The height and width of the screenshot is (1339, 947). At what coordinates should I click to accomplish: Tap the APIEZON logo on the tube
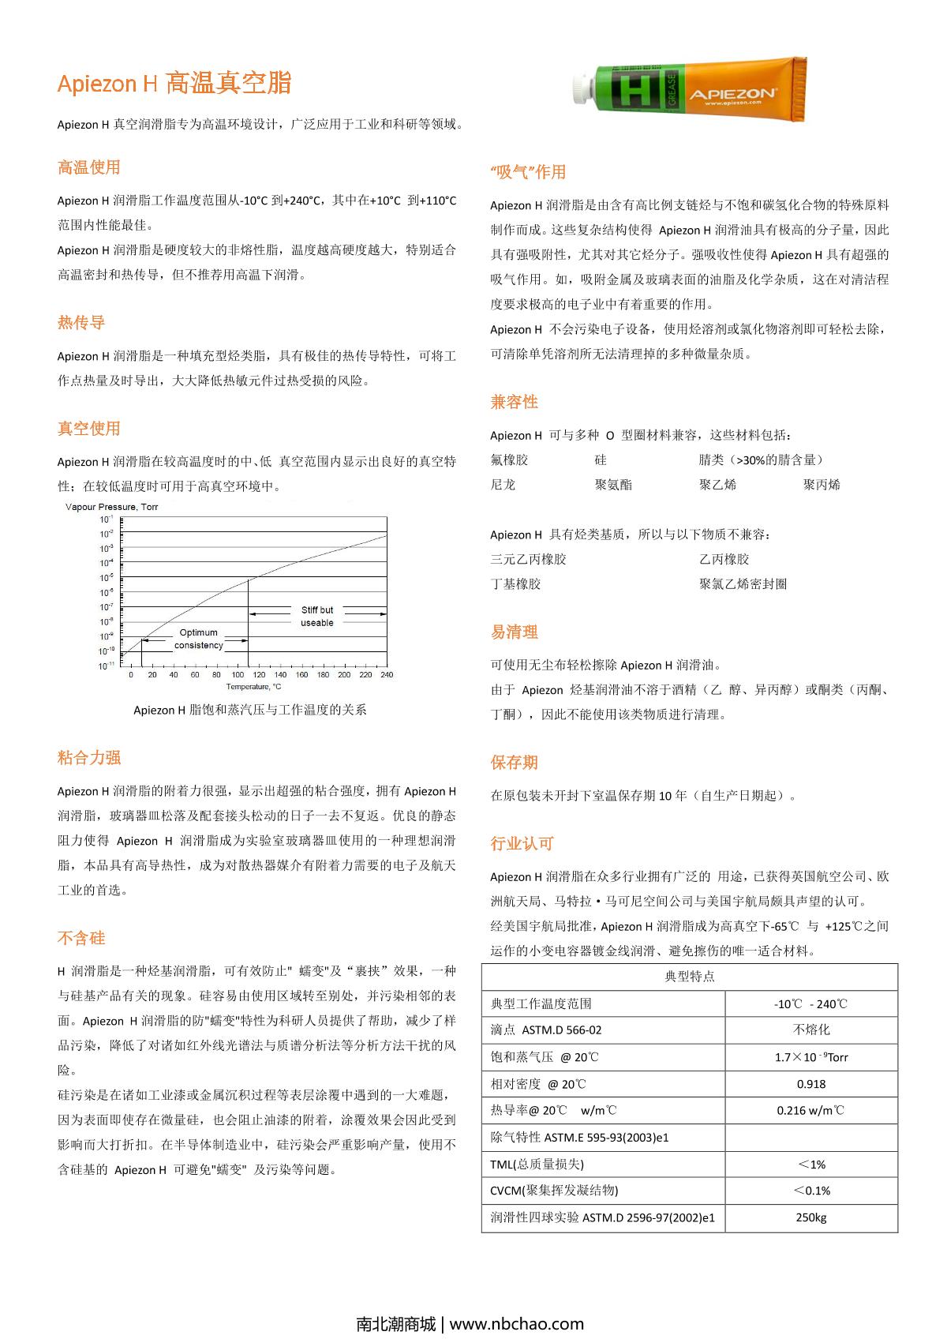pos(733,94)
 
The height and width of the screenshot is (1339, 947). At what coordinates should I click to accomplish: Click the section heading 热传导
pos(81,322)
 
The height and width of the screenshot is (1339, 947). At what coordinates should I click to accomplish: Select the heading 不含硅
pos(81,938)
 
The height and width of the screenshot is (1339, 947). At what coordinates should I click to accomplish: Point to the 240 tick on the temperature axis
pos(387,675)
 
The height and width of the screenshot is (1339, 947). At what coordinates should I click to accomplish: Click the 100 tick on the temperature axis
pos(238,675)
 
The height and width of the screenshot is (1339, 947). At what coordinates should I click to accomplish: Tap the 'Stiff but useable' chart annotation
pos(317,616)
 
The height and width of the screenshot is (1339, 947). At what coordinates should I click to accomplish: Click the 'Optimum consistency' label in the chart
pos(198,639)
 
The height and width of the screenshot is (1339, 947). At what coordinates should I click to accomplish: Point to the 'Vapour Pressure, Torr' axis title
pos(111,507)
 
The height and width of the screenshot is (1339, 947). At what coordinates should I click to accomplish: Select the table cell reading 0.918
pos(811,1084)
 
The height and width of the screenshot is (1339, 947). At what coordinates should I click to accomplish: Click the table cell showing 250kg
pos(811,1217)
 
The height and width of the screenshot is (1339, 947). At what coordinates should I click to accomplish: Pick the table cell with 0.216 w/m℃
pos(811,1110)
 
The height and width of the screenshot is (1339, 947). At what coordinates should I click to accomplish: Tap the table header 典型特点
pos(690,977)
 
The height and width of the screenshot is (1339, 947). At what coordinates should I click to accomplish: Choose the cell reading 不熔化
pos(811,1030)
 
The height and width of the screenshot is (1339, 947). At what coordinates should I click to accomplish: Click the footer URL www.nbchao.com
pos(517,1324)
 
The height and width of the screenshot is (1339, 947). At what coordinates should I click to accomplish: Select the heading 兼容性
pos(514,402)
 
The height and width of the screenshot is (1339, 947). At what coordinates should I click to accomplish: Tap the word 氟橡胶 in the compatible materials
pos(509,459)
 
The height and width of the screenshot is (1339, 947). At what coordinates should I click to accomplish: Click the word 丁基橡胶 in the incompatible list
pos(515,584)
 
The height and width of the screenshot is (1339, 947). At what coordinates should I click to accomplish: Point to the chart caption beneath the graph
pos(250,710)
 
